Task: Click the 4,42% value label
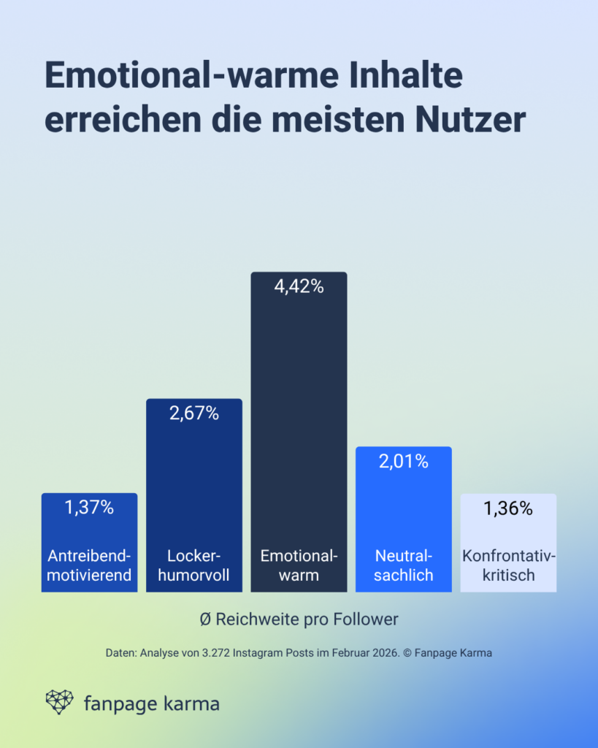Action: tap(299, 287)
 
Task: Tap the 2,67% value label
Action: tap(194, 413)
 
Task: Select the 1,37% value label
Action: tap(89, 508)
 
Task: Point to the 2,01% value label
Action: tap(403, 461)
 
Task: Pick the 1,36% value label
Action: tap(508, 508)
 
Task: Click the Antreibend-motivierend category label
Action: tap(89, 565)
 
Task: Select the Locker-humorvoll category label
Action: tap(194, 565)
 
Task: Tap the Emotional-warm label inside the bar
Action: tap(299, 565)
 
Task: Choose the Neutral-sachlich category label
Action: tap(403, 565)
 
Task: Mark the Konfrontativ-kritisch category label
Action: tap(508, 565)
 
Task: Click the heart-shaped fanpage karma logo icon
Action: tap(60, 701)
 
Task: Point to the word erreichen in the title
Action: tap(112, 120)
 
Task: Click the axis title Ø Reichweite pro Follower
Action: tap(299, 619)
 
